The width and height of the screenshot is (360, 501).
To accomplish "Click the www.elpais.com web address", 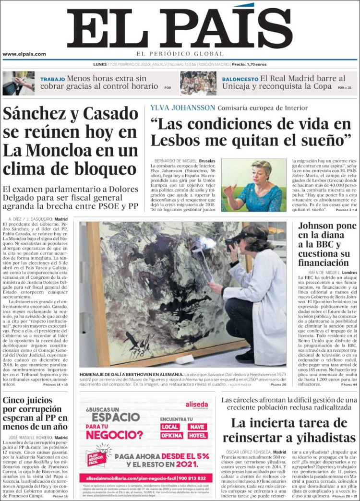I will coord(24,54).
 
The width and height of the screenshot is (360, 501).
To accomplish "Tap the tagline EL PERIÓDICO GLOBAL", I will coord(180,54).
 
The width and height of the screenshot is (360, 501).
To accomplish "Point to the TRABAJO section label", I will coord(52,79).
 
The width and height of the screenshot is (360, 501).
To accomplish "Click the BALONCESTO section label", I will coord(240,79).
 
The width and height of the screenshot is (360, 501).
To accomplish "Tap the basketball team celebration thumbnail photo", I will coord(198,83).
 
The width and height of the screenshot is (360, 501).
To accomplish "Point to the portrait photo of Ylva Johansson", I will coord(253,185).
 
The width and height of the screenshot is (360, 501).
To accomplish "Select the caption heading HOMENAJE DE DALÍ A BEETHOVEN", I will coord(132,374).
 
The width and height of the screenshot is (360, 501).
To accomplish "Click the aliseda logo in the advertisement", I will coord(196,405).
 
